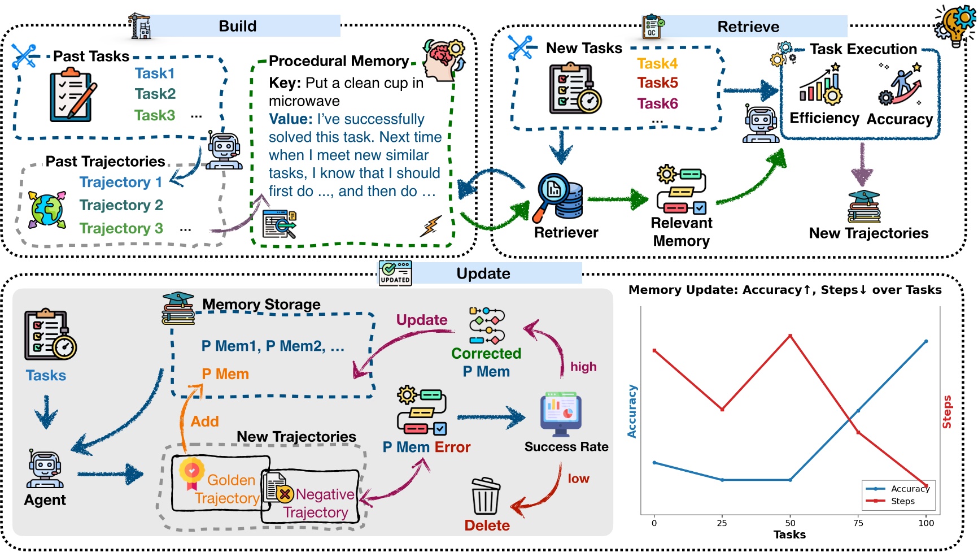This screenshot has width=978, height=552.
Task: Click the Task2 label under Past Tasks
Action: pyautogui.click(x=155, y=94)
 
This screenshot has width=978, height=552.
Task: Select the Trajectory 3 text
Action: pyautogui.click(x=121, y=228)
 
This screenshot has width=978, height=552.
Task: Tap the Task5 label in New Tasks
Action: pyautogui.click(x=657, y=83)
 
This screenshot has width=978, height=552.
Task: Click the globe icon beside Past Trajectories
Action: pyautogui.click(x=47, y=210)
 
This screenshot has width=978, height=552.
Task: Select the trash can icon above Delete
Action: pyautogui.click(x=486, y=497)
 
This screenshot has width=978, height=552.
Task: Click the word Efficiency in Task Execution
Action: pyautogui.click(x=824, y=118)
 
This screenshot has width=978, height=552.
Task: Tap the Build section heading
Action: pyautogui.click(x=237, y=27)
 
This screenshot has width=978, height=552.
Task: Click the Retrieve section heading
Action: pyautogui.click(x=748, y=27)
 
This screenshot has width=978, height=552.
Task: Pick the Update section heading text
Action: pyautogui.click(x=483, y=274)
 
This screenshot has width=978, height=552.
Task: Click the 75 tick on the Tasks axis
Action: pyautogui.click(x=858, y=523)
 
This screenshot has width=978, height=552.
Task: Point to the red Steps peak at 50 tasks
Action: pyautogui.click(x=790, y=336)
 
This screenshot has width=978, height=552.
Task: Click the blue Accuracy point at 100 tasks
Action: pyautogui.click(x=926, y=342)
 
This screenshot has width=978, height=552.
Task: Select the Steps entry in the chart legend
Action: pyautogui.click(x=902, y=501)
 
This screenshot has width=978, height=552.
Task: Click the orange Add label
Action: pyautogui.click(x=204, y=421)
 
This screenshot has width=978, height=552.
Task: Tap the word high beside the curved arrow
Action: pyautogui.click(x=583, y=367)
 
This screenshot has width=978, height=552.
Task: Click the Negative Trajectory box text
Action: pyautogui.click(x=316, y=503)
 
